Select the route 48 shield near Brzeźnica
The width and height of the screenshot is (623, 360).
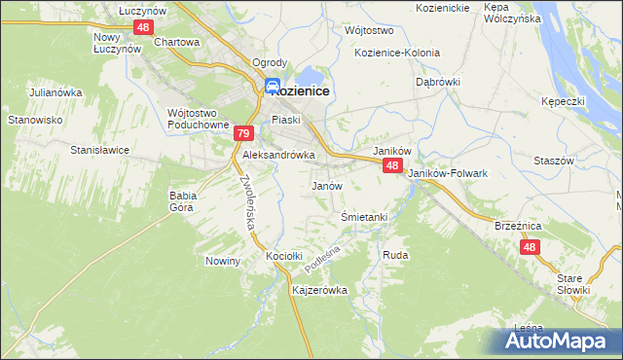[x=530, y=248]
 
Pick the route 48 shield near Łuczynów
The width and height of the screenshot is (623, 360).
[x=143, y=27]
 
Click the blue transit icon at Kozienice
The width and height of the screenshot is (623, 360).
[x=274, y=87]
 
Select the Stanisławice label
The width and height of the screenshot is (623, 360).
[x=100, y=151]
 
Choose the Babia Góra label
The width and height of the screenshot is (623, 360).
[x=183, y=200]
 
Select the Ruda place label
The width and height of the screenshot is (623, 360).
[x=395, y=255]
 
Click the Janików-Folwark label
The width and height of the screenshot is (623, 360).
[x=448, y=173]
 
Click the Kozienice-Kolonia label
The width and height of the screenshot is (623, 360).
[x=397, y=53]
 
